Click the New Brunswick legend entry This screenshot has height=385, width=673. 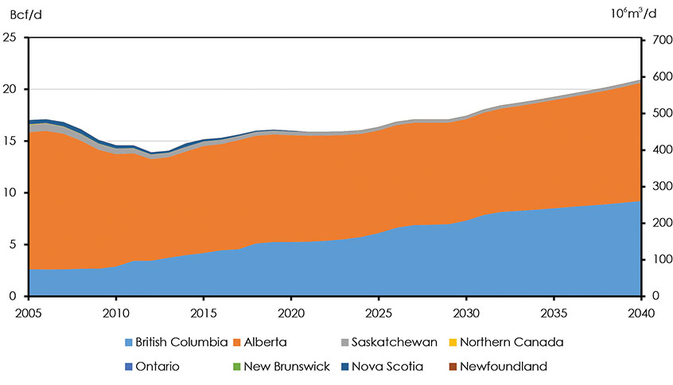pyautogui.click(x=284, y=367)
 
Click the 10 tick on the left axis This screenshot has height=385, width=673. pyautogui.click(x=10, y=192)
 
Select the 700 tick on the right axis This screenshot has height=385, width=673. pyautogui.click(x=655, y=37)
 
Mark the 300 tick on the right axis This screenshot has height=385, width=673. pyautogui.click(x=655, y=185)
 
